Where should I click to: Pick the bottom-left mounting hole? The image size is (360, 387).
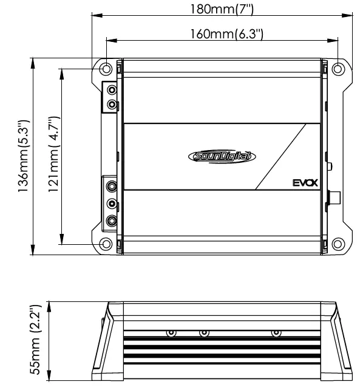click(x=106, y=244)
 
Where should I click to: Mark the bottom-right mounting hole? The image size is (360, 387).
click(x=337, y=244)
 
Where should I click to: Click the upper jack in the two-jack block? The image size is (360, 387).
click(x=111, y=90)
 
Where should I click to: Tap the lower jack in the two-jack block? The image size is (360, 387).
click(x=111, y=104)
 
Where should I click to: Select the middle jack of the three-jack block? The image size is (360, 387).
click(x=112, y=204)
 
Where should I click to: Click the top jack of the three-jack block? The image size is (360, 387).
click(x=112, y=186)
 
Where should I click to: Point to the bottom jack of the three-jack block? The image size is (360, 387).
click(x=112, y=221)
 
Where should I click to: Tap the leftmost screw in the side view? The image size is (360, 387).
click(x=171, y=334)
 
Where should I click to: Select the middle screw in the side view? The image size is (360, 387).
click(x=204, y=334)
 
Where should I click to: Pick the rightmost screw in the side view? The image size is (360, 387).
click(x=276, y=334)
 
